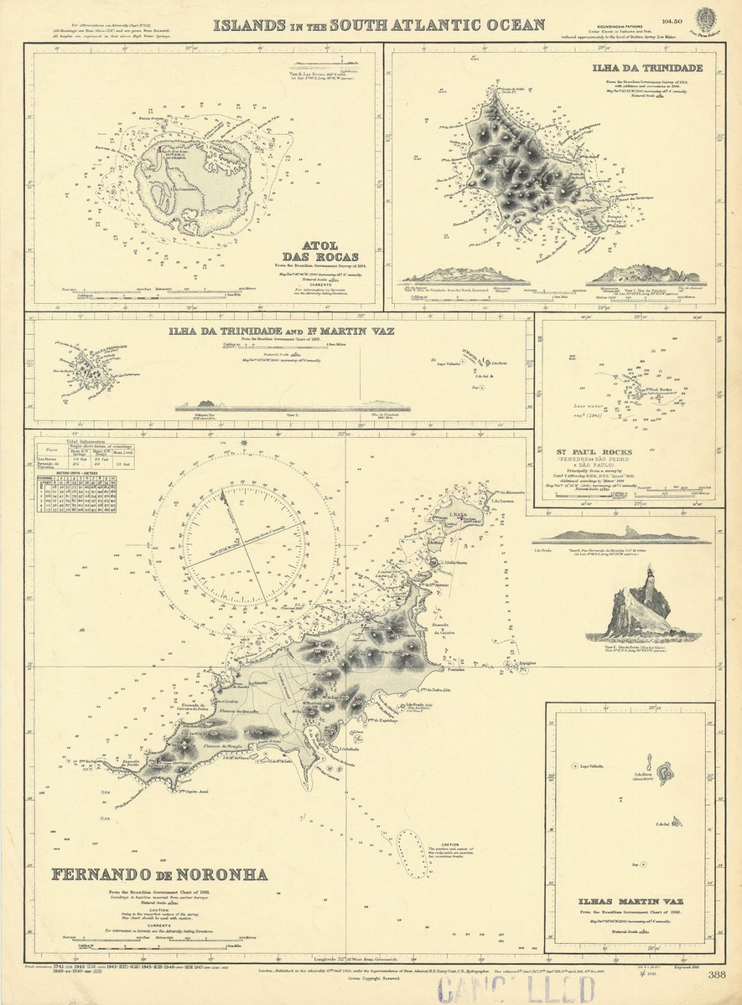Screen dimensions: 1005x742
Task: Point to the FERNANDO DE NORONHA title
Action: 160,875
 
